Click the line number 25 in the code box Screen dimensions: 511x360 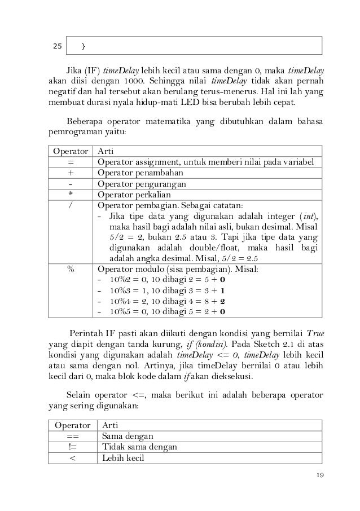[x=57, y=45]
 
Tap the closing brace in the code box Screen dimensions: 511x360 [x=84, y=45]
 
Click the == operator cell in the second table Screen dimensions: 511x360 [x=72, y=436]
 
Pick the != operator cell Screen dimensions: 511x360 [x=72, y=447]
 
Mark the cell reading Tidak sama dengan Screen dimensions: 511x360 [x=139, y=447]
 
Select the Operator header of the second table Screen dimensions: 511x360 [x=72, y=425]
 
